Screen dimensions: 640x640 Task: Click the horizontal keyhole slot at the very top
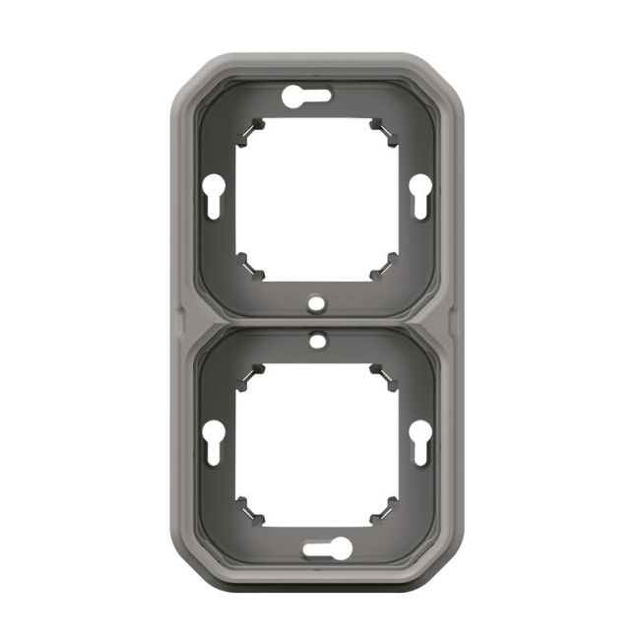coord(307,96)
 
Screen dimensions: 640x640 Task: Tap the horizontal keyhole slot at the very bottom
coord(325,548)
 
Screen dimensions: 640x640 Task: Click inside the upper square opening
coord(316,197)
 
